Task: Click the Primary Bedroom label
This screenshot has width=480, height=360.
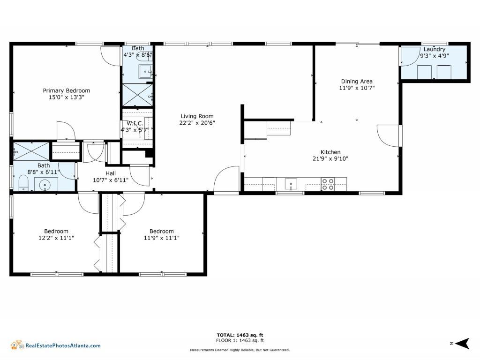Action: pyautogui.click(x=67, y=91)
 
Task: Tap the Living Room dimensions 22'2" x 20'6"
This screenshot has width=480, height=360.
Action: pyautogui.click(x=197, y=123)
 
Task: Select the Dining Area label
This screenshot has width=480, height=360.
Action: pyautogui.click(x=357, y=82)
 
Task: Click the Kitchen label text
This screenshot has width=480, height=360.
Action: pyautogui.click(x=330, y=152)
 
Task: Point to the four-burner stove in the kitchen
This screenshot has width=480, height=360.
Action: pyautogui.click(x=328, y=184)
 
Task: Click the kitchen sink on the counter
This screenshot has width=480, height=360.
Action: pyautogui.click(x=291, y=184)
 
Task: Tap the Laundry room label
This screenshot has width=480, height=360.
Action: pyautogui.click(x=434, y=49)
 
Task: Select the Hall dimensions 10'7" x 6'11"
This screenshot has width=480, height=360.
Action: pyautogui.click(x=111, y=180)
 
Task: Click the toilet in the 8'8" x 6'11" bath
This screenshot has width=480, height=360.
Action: pyautogui.click(x=23, y=183)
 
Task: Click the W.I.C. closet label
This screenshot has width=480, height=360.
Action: pyautogui.click(x=132, y=123)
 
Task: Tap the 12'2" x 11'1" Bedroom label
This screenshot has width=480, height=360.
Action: pyautogui.click(x=56, y=231)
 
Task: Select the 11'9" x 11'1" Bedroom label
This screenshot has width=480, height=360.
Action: pyautogui.click(x=161, y=231)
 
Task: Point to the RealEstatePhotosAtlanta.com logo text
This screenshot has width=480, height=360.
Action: pyautogui.click(x=62, y=346)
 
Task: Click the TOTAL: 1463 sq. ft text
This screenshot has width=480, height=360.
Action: pyautogui.click(x=240, y=335)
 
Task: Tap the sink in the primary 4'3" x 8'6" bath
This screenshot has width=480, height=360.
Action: pyautogui.click(x=145, y=72)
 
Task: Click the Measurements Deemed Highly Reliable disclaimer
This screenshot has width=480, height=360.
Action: pyautogui.click(x=240, y=350)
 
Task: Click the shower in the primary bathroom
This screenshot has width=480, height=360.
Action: pyautogui.click(x=137, y=95)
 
